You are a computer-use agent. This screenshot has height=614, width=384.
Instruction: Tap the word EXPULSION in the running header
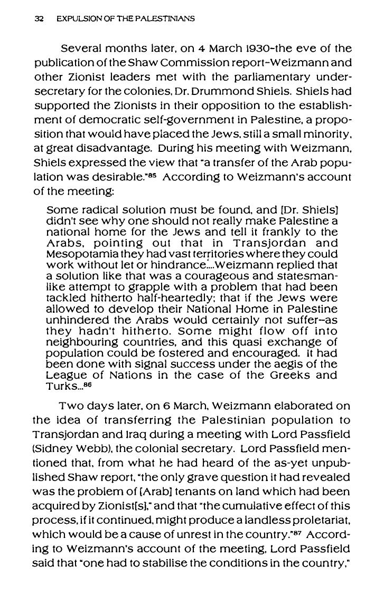[72, 19]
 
